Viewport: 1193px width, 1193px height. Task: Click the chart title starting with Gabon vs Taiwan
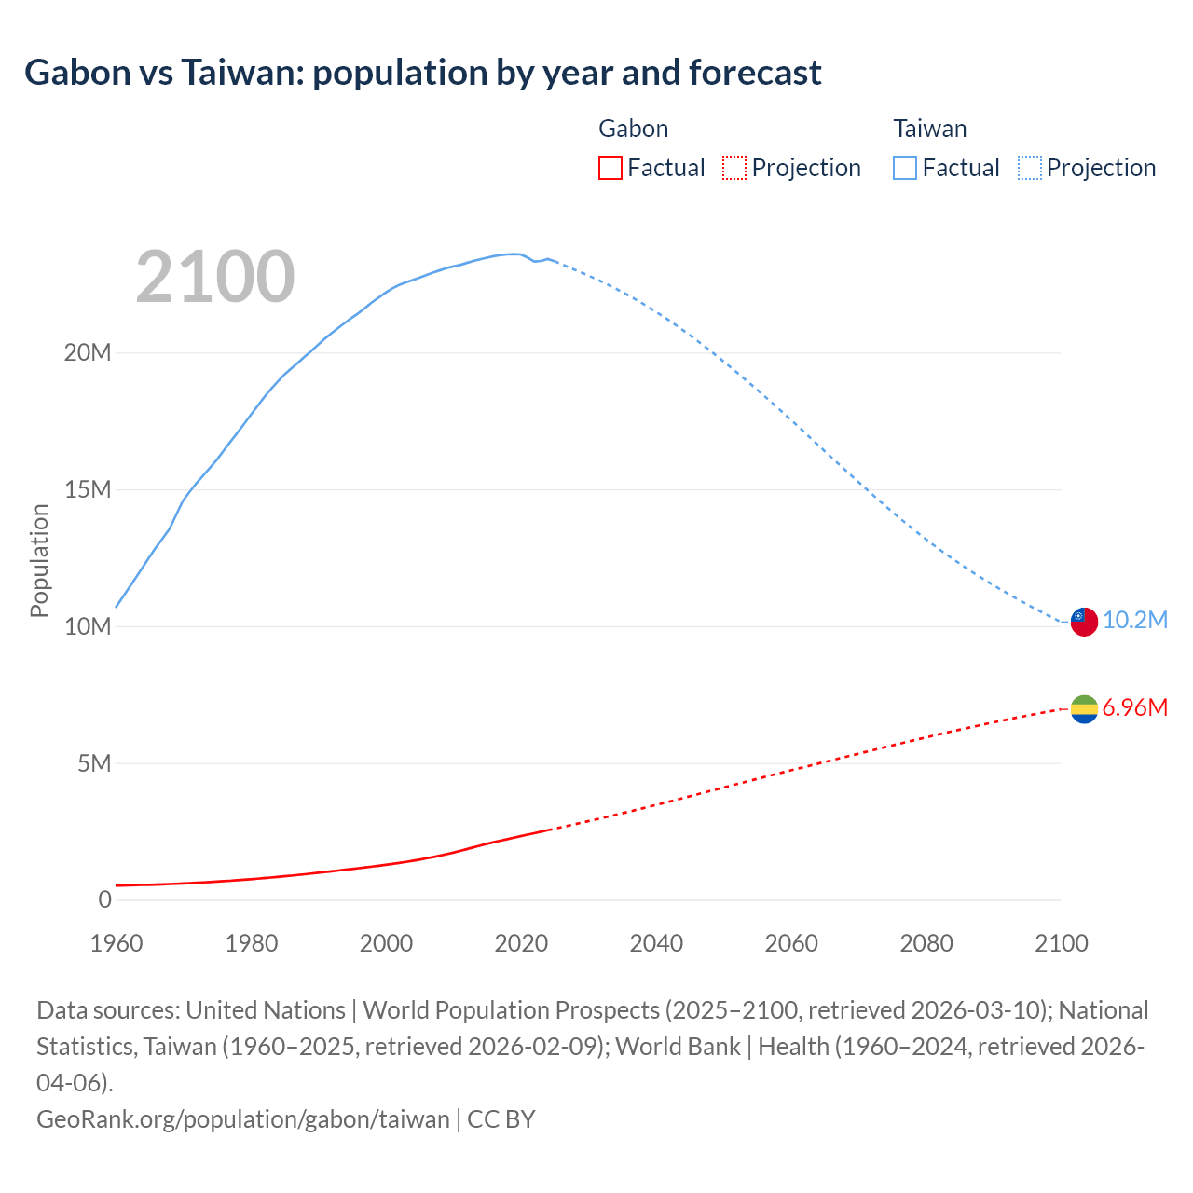(x=423, y=73)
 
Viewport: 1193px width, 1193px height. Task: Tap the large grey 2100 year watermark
(x=215, y=277)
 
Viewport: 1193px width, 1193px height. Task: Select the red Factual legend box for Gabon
(x=610, y=168)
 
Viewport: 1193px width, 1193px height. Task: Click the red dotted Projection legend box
(x=734, y=168)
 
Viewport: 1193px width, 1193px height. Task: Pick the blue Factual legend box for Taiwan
(x=905, y=168)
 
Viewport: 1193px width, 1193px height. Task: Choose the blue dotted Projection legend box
(x=1030, y=168)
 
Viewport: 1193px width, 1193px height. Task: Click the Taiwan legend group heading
(x=929, y=129)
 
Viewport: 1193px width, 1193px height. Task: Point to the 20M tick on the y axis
(x=88, y=353)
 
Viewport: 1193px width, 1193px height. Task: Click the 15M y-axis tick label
(x=88, y=490)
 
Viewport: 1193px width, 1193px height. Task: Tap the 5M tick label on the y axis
(x=94, y=764)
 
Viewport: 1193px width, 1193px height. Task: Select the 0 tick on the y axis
(x=104, y=900)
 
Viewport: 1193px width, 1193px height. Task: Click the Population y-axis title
(x=39, y=560)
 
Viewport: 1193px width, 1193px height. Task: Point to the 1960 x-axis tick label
(x=117, y=943)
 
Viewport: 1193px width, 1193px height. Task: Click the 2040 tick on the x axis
(x=656, y=943)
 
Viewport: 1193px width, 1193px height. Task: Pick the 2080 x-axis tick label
(x=926, y=943)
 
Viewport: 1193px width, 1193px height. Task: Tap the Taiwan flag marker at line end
(x=1084, y=621)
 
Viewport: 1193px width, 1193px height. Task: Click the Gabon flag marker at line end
(x=1084, y=709)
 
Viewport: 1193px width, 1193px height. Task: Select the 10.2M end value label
(x=1135, y=621)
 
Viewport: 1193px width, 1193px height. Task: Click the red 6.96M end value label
(x=1134, y=708)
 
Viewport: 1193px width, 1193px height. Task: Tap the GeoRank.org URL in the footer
(x=243, y=1119)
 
